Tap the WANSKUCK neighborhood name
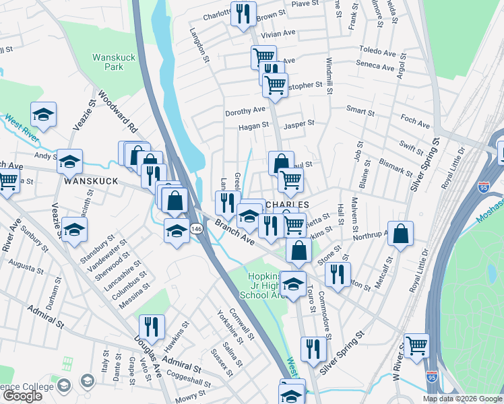(91, 182)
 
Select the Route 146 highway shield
(193, 229)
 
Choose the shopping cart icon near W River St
(416, 346)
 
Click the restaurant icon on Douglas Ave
(152, 327)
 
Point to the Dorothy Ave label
(245, 110)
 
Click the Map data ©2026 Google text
(462, 399)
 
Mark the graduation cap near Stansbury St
(74, 230)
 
